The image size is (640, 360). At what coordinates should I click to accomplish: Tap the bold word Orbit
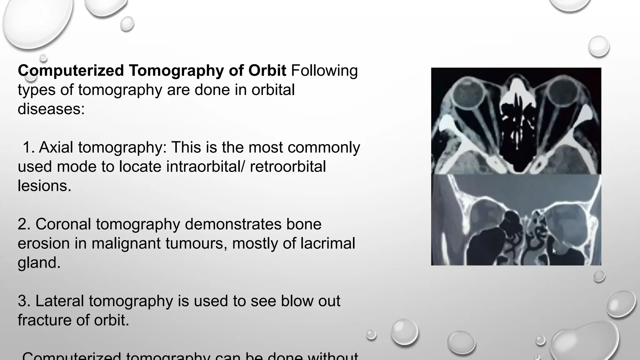tap(267, 71)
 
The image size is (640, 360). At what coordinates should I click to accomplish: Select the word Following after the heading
tap(324, 71)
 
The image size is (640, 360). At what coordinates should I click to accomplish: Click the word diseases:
tap(51, 109)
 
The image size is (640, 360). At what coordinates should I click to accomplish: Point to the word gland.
tap(39, 262)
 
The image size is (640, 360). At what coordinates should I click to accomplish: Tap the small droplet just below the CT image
tap(599, 276)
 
